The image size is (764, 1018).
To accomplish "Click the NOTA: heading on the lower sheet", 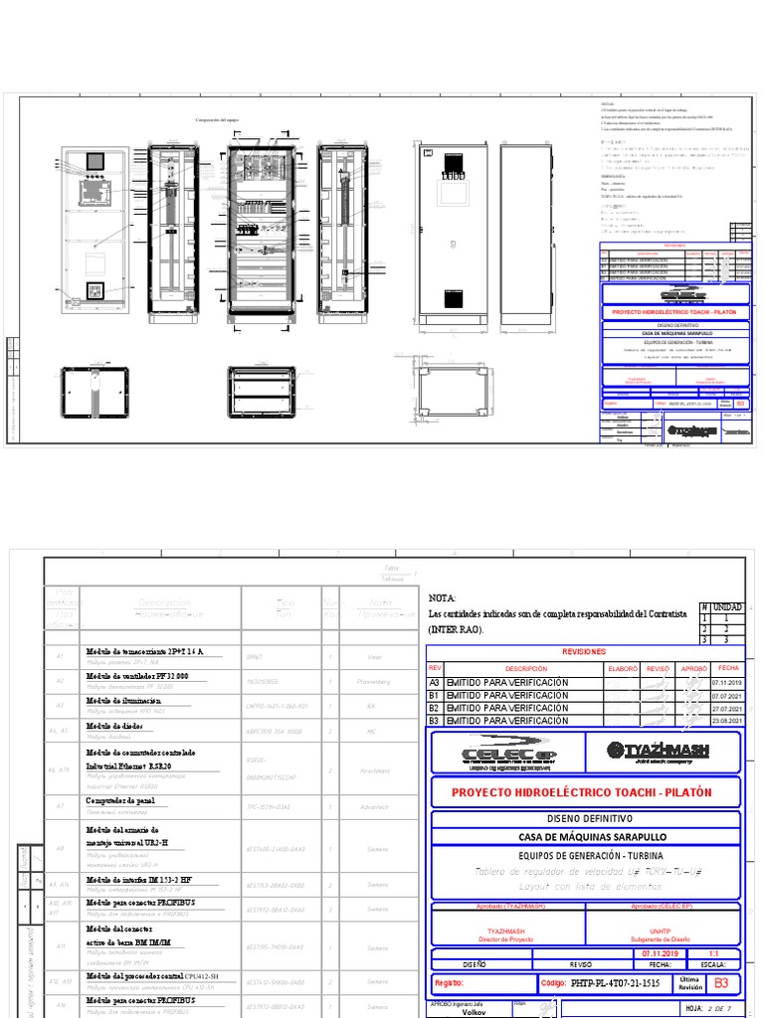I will (442, 598).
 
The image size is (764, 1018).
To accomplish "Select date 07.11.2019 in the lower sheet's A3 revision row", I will (727, 683).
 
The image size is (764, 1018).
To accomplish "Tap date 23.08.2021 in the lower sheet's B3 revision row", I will (727, 720).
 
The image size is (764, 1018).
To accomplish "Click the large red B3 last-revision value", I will (722, 982).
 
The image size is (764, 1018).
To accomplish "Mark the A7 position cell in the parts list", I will (61, 806).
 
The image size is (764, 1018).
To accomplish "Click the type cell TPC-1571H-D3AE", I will (271, 806).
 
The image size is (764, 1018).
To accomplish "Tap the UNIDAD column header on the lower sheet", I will (728, 605).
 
